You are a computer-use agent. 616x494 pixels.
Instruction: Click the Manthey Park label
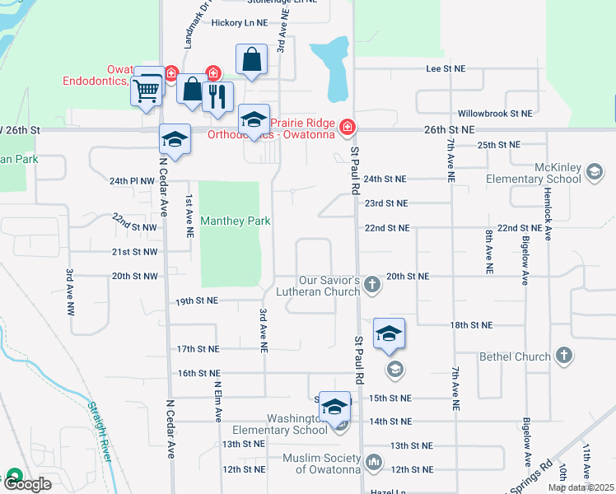tap(236, 221)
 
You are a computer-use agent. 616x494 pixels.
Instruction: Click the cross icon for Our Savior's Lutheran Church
tap(372, 285)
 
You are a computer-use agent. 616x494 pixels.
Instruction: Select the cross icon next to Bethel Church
tap(563, 356)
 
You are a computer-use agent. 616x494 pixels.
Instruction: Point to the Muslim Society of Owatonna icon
tap(374, 463)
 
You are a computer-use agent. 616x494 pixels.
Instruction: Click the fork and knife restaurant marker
tap(217, 96)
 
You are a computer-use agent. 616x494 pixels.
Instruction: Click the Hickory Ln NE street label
tap(239, 23)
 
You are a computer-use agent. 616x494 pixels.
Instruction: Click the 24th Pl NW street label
tap(132, 180)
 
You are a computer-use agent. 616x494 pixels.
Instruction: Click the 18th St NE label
tap(471, 325)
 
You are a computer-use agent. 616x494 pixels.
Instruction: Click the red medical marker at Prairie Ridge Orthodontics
tap(348, 126)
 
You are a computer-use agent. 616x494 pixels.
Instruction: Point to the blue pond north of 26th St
tap(335, 65)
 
